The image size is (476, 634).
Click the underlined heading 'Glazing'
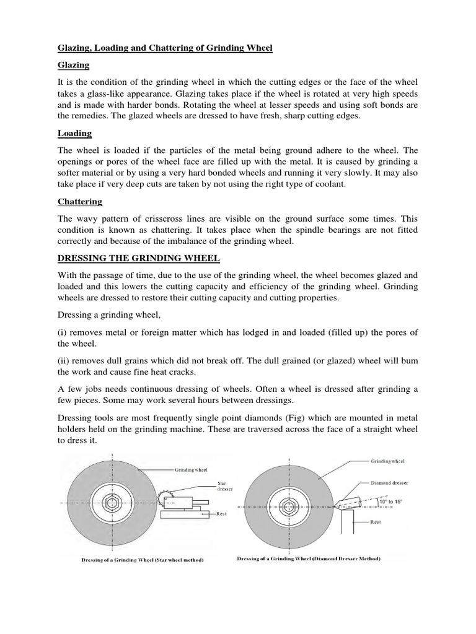[74, 65]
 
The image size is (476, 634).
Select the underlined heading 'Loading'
[74, 132]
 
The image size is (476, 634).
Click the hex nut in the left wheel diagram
[122, 503]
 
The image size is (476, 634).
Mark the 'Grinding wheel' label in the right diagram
[387, 462]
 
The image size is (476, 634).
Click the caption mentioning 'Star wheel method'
[143, 560]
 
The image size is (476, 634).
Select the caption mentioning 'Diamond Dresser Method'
[309, 558]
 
